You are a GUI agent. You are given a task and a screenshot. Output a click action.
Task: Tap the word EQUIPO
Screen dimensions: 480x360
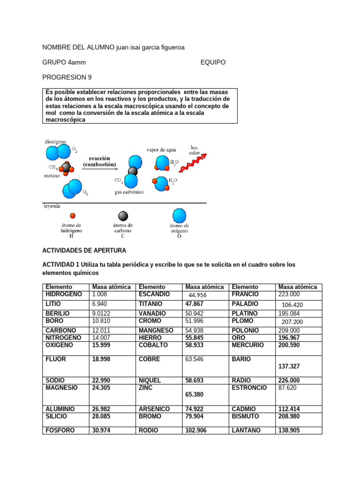click(213, 62)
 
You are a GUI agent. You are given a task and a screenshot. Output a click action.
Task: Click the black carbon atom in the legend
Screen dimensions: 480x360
click(123, 216)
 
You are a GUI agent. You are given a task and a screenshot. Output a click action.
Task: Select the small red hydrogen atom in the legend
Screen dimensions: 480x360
click(72, 216)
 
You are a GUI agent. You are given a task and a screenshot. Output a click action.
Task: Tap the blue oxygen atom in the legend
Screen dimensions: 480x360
click(179, 215)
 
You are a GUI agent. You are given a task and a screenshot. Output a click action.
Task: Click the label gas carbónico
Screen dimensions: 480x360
click(129, 192)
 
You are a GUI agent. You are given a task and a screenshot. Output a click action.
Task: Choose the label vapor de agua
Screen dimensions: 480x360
click(161, 150)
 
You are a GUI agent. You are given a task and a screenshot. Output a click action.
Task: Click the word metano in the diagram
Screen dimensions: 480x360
click(52, 176)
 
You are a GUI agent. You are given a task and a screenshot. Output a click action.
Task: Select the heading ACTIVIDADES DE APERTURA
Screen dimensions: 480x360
click(84, 250)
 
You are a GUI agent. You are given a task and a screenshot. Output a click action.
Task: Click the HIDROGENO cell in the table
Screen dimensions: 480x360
click(64, 294)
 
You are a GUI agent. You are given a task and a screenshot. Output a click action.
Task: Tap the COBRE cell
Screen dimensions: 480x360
click(150, 359)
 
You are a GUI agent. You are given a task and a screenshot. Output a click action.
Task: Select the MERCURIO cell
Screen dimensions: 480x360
click(248, 345)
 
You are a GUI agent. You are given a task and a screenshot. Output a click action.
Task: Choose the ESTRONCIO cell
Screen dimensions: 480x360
click(249, 388)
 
